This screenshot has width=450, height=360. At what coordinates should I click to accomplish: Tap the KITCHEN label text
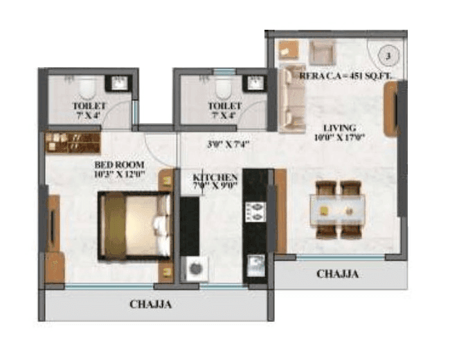tap(215, 178)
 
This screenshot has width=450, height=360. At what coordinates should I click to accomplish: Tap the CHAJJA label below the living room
tap(337, 274)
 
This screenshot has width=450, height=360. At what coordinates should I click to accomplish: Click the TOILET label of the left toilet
tap(89, 106)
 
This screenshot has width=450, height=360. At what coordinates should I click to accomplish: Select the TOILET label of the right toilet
tap(224, 106)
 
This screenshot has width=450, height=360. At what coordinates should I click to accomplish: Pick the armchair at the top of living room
tap(322, 51)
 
